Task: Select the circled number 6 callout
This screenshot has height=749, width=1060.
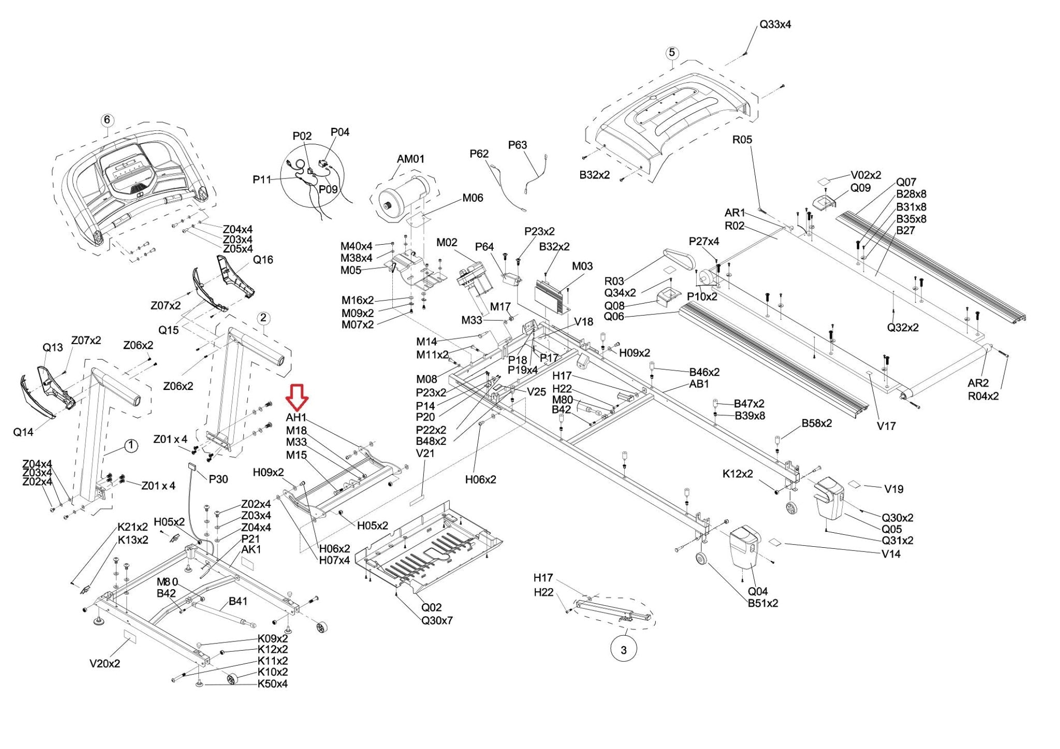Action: coord(107,120)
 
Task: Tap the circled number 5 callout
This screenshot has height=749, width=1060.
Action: coord(672,53)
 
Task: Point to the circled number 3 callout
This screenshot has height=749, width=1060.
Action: coord(624,650)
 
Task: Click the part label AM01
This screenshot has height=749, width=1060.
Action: coord(410,159)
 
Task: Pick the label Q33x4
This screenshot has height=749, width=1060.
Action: coord(775,24)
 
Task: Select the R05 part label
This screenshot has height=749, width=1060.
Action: coord(742,140)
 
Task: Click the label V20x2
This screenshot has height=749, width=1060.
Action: coord(105,664)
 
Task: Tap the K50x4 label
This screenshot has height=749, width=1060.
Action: coord(272,684)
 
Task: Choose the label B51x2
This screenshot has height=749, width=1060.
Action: coord(762,603)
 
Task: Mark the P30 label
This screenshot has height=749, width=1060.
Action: coord(218,480)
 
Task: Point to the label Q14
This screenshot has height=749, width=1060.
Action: coord(23,432)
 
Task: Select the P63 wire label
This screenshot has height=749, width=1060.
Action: coord(517,145)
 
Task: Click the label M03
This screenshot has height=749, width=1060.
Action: coord(582,266)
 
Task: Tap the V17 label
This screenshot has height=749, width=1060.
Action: coord(886,426)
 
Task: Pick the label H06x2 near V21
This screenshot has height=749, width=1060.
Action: coord(480,480)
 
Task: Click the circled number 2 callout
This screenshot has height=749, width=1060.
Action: coord(263,318)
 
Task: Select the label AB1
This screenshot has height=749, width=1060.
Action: coord(699,384)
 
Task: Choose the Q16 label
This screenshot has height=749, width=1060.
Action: coord(263,260)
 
